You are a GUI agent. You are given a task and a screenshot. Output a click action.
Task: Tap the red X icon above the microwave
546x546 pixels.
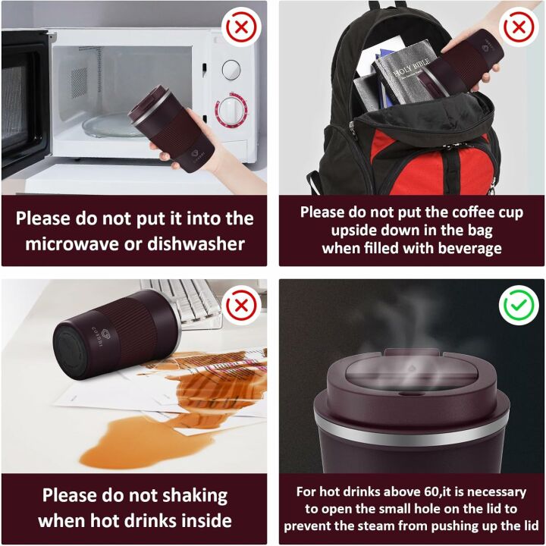click(241, 27)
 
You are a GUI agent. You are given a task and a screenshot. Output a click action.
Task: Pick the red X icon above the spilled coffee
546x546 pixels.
click(241, 306)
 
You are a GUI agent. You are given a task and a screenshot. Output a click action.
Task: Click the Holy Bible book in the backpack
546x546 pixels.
click(406, 72)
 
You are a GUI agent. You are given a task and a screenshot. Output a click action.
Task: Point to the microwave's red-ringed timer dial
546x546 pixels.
click(231, 111)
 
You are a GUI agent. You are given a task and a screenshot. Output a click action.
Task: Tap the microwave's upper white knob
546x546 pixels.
click(231, 70)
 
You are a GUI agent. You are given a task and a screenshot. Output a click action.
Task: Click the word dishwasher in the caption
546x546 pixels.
click(196, 243)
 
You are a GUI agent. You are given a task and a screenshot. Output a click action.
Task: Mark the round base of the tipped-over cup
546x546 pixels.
click(71, 350)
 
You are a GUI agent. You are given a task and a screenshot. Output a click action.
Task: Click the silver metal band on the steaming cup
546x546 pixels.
click(412, 431)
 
